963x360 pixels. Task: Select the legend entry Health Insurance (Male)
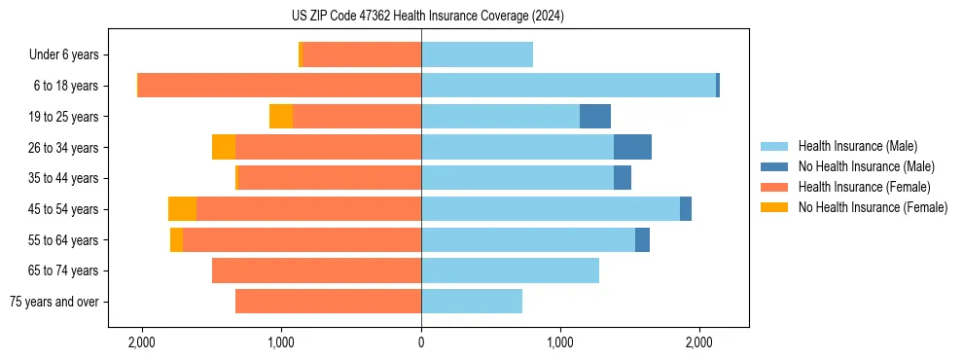click(857, 146)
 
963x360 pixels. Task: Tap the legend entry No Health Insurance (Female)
click(872, 207)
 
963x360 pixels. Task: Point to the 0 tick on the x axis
click(421, 342)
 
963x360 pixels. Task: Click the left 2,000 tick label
click(142, 342)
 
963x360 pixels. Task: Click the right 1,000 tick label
click(560, 342)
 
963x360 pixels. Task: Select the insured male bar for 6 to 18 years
click(568, 86)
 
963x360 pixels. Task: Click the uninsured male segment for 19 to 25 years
click(595, 117)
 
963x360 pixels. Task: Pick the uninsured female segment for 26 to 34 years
click(224, 147)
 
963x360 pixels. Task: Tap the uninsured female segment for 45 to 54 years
click(182, 209)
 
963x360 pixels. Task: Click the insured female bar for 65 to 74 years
click(316, 270)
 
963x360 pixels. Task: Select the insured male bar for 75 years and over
click(472, 302)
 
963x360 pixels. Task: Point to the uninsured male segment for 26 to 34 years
click(632, 147)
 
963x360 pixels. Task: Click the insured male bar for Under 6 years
click(477, 55)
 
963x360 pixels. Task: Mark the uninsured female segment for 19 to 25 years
click(281, 117)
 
